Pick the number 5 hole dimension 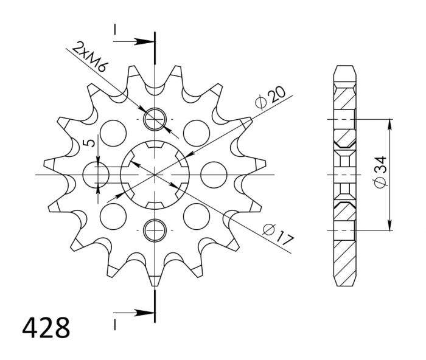click(x=89, y=144)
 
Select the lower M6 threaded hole click(x=155, y=230)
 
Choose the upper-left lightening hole click(x=111, y=131)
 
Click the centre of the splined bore click(x=155, y=175)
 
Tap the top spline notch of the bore click(x=155, y=146)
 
